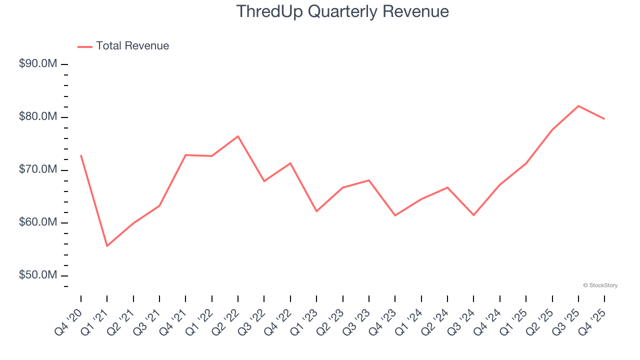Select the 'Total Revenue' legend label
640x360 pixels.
(x=132, y=46)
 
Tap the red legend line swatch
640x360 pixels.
(x=85, y=46)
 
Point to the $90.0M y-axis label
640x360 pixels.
(x=38, y=64)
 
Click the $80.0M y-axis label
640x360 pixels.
(x=38, y=117)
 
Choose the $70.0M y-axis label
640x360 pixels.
(x=38, y=170)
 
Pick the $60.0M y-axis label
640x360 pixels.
(x=38, y=222)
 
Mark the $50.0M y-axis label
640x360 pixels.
(x=38, y=275)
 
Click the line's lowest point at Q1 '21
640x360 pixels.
(x=107, y=246)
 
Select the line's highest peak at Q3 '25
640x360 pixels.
(x=578, y=106)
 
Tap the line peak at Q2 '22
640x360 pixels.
(x=238, y=136)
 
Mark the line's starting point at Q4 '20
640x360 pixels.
(x=81, y=155)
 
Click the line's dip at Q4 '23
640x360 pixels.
(x=395, y=215)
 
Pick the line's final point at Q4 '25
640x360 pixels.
(x=604, y=119)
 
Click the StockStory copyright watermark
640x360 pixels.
(x=600, y=285)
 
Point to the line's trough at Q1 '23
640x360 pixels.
(x=316, y=211)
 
